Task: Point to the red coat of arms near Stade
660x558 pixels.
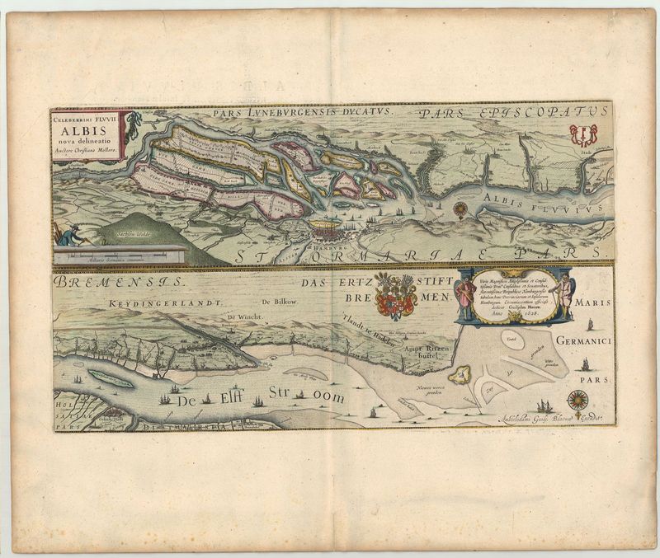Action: tap(584, 133)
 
